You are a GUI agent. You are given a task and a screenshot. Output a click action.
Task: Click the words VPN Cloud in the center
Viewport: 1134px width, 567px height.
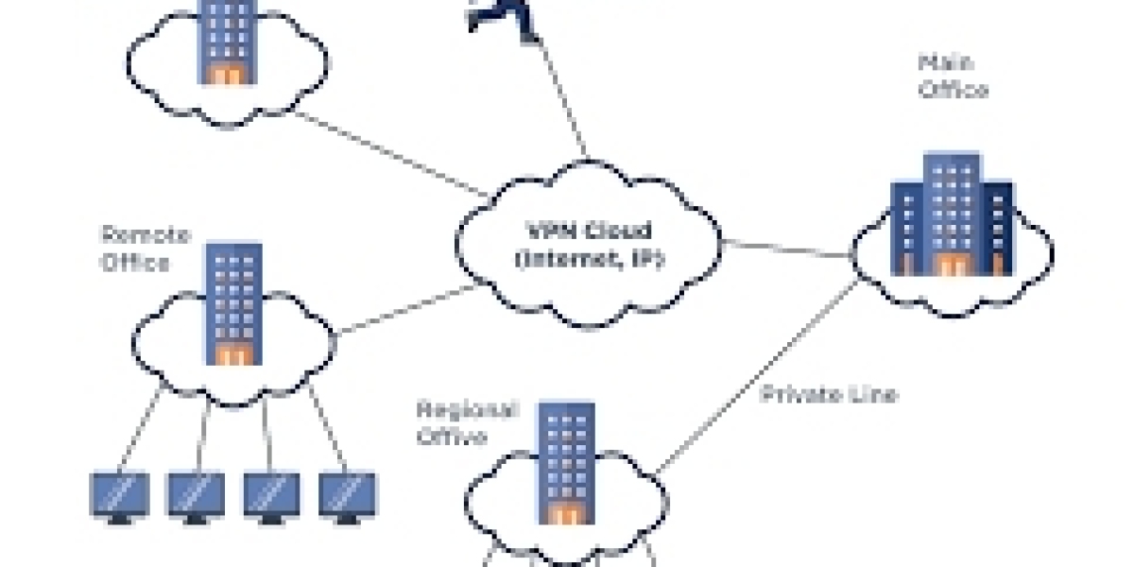587,231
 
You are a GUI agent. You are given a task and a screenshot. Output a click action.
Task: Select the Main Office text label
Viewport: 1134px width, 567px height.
953,77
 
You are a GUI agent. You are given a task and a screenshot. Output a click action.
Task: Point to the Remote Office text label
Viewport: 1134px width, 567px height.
135,248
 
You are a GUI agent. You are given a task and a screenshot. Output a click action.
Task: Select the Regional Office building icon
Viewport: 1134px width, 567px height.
566,463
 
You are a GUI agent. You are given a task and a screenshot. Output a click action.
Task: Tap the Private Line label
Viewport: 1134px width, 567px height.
828,395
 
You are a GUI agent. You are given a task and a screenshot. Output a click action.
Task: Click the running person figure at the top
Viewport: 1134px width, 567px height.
501,14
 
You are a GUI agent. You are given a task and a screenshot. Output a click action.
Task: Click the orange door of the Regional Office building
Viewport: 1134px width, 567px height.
566,515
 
